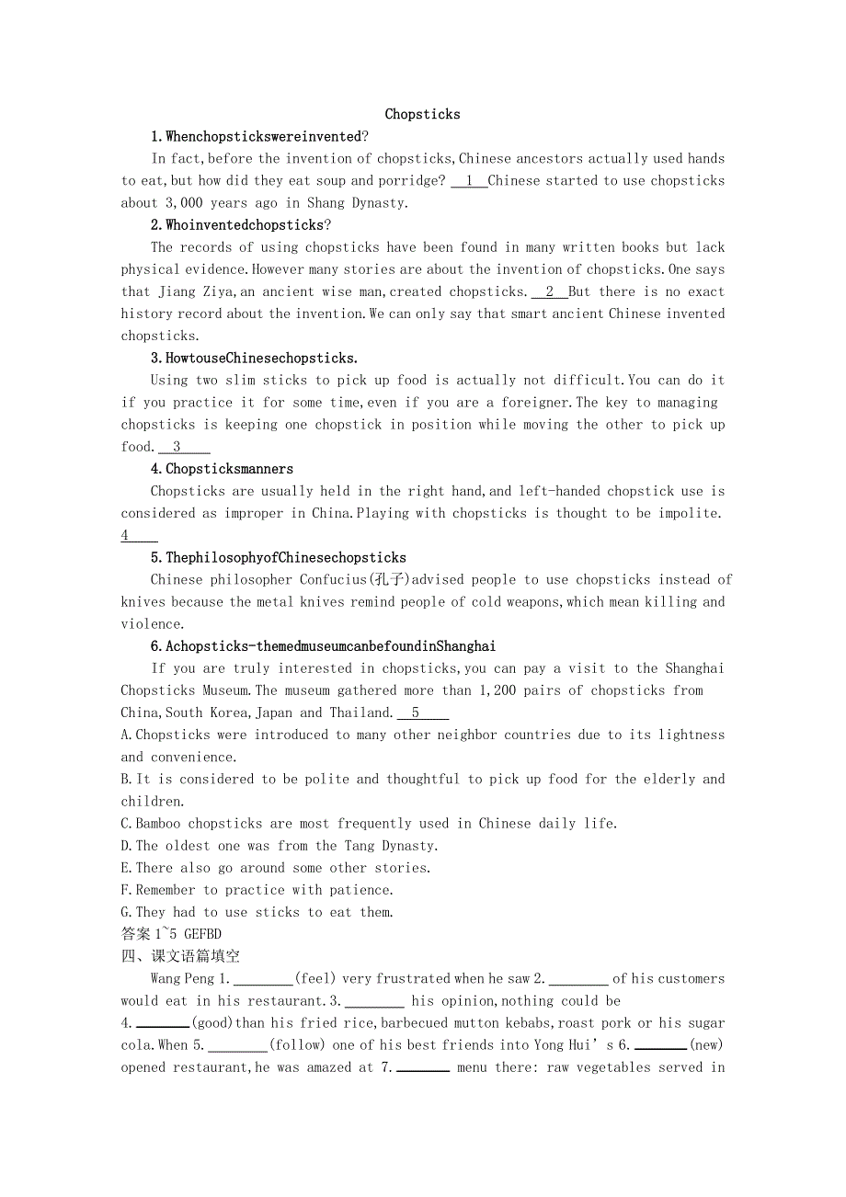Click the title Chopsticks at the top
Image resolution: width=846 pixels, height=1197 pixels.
click(x=422, y=115)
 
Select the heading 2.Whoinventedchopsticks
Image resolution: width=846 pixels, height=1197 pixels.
click(x=241, y=225)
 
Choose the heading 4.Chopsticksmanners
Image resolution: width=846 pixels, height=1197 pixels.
click(x=223, y=469)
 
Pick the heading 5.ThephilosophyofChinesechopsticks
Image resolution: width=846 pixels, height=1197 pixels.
click(x=279, y=558)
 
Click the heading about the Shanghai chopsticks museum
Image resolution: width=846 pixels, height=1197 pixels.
click(x=324, y=646)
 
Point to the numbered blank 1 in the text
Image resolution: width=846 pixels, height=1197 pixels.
click(x=469, y=181)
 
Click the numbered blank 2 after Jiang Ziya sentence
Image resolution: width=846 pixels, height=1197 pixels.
click(x=549, y=291)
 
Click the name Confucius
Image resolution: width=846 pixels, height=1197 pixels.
click(x=333, y=580)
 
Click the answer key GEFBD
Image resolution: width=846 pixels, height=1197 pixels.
click(x=196, y=934)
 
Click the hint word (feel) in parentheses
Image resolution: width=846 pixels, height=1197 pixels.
click(x=315, y=979)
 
